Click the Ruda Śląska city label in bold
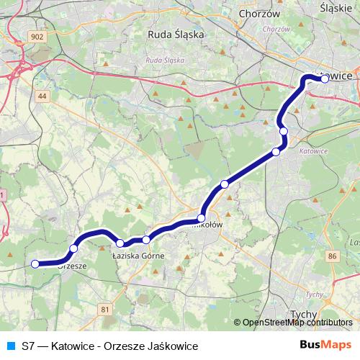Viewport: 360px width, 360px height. coord(176,34)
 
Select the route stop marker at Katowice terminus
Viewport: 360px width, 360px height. coord(325,79)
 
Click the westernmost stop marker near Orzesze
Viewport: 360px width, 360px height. coord(35,264)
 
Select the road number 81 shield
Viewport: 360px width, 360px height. coord(107,309)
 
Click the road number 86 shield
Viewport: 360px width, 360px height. coord(332,256)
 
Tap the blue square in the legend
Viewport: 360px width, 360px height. coord(9,346)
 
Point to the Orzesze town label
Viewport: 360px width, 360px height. coord(73,265)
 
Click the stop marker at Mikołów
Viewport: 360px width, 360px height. coord(202,217)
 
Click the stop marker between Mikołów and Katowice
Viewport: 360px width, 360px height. coord(225,184)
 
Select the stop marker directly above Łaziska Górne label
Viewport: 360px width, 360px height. coord(146,240)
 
